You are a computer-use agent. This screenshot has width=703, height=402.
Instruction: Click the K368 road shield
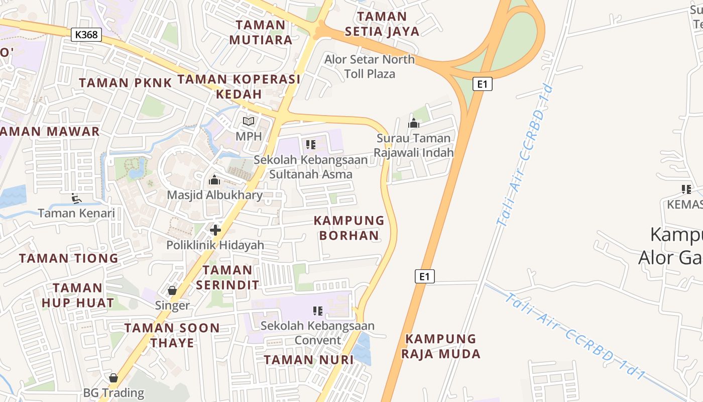86,35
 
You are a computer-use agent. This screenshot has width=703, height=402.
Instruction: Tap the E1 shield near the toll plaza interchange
482,84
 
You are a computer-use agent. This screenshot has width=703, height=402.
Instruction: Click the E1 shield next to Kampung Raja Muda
424,276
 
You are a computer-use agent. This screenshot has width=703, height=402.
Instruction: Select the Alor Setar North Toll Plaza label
370,66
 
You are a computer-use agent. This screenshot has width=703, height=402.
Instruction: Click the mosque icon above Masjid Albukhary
214,180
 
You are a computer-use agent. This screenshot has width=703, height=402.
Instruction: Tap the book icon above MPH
249,121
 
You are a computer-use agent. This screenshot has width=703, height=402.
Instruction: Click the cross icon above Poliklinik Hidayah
215,230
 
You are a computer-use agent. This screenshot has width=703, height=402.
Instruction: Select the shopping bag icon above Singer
172,290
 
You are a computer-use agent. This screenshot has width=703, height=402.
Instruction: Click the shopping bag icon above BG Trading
113,377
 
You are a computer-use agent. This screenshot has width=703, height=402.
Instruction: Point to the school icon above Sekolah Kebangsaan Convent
317,311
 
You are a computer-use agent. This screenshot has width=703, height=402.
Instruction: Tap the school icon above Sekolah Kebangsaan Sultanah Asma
310,145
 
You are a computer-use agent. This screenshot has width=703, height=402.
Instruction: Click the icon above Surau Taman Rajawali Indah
414,123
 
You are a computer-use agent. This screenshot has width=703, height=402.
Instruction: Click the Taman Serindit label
227,277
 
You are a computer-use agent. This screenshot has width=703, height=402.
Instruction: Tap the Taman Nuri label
309,360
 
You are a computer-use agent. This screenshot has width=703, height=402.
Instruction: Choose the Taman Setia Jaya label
382,24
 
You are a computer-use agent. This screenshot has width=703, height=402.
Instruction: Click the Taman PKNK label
125,83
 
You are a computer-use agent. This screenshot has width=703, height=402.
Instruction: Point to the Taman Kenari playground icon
76,198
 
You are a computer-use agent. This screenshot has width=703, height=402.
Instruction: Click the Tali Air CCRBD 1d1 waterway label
575,334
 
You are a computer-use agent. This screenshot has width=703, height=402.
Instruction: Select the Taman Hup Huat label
78,295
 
